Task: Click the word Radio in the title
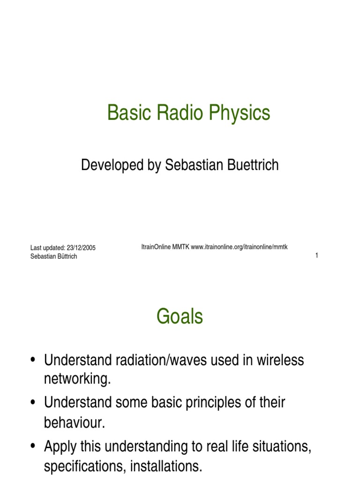pyautogui.click(x=175, y=113)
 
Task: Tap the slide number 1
pyautogui.click(x=317, y=255)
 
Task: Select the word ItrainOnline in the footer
pyautogui.click(x=157, y=247)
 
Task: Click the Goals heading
pyautogui.click(x=180, y=317)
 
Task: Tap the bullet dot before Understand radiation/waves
pyautogui.click(x=32, y=360)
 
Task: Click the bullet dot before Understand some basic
pyautogui.click(x=32, y=403)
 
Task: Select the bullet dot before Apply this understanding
pyautogui.click(x=32, y=447)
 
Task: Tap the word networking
pyautogui.click(x=77, y=379)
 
